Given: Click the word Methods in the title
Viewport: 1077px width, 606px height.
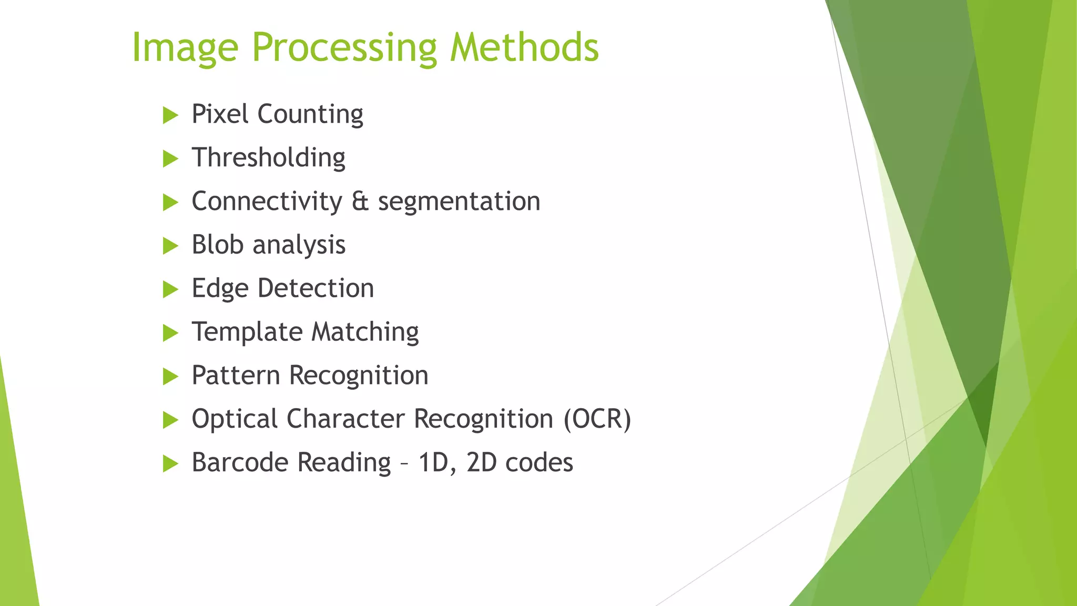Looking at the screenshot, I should click(x=524, y=47).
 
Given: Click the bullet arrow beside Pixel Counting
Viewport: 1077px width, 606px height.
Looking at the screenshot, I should click(x=170, y=115).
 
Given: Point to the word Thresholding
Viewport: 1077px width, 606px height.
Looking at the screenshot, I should click(x=268, y=158).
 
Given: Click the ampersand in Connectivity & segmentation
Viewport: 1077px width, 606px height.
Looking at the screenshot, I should click(x=360, y=201).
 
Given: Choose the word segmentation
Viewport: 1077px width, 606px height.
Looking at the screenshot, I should click(x=459, y=201).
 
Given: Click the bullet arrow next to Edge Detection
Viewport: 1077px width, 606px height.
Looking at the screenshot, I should click(x=170, y=289).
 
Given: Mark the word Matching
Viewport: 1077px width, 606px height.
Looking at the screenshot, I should click(x=365, y=332).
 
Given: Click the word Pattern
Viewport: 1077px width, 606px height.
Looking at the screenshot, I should click(x=236, y=376).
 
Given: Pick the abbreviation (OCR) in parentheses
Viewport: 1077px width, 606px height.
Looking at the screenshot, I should click(x=597, y=419).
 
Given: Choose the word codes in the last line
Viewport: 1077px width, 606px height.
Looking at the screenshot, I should click(x=539, y=463).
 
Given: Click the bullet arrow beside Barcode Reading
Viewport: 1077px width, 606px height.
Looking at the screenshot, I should click(x=170, y=463).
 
